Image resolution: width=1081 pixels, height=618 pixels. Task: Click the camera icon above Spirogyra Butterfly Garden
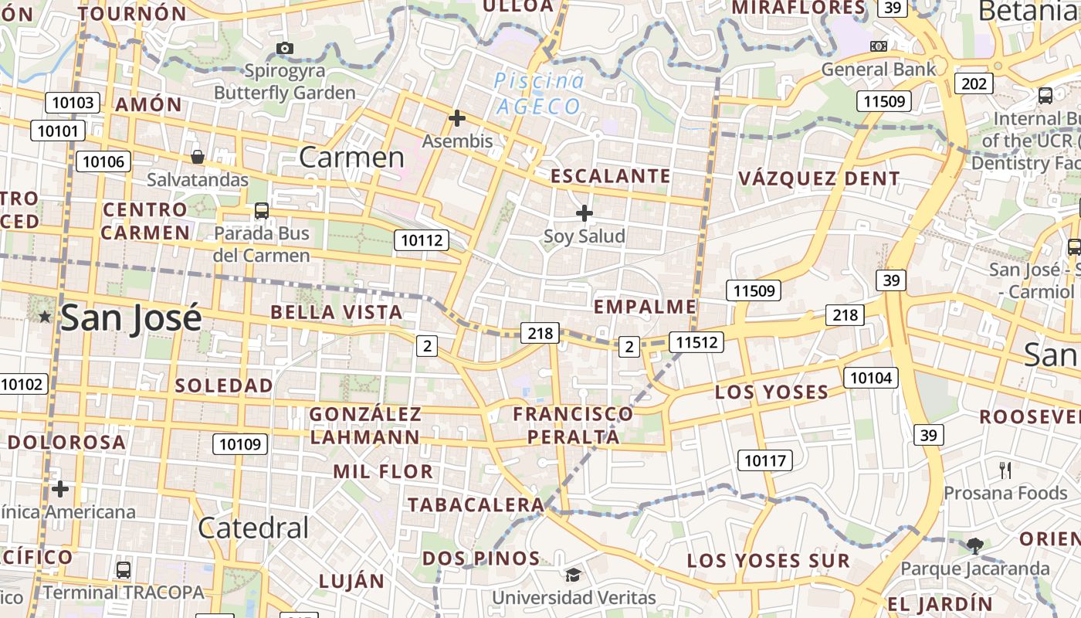[284, 48]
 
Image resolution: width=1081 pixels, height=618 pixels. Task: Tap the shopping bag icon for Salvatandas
[198, 157]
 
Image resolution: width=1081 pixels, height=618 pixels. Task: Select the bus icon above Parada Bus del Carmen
[262, 210]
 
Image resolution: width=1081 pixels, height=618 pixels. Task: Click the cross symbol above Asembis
[457, 118]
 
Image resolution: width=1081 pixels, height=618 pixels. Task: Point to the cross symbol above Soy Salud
[585, 212]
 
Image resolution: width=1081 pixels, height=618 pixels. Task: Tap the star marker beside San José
[45, 317]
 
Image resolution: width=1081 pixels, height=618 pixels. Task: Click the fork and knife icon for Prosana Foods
[1005, 470]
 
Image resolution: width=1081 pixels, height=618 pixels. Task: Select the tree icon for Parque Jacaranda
[975, 546]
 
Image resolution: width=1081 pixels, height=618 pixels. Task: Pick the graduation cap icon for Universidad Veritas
[573, 575]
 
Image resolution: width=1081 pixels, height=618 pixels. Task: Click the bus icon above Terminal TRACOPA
[123, 570]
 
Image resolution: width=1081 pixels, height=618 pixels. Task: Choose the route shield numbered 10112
[422, 240]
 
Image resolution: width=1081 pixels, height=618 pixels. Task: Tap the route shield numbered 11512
[696, 341]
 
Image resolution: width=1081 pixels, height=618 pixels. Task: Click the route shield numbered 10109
[240, 443]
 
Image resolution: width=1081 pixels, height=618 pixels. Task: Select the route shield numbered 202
[974, 83]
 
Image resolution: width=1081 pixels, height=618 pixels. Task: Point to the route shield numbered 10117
[764, 461]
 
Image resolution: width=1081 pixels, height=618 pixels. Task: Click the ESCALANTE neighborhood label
[610, 176]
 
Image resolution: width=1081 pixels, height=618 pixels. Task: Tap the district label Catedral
[253, 528]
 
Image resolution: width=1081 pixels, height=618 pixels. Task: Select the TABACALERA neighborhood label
[476, 505]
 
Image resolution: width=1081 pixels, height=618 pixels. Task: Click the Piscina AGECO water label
[539, 93]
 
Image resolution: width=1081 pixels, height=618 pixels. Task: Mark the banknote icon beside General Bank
[878, 46]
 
